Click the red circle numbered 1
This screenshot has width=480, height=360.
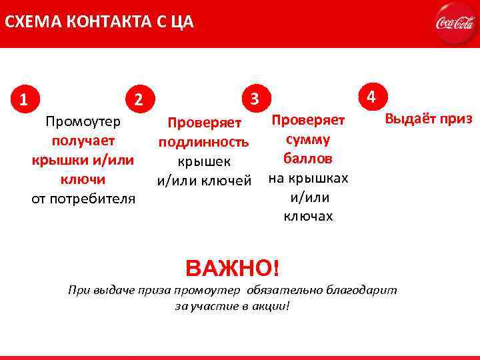(x=24, y=101)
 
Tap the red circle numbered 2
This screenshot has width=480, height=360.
(x=138, y=100)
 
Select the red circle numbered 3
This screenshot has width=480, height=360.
(x=254, y=99)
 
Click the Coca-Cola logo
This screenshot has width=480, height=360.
(x=454, y=23)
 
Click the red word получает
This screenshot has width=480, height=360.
(x=83, y=141)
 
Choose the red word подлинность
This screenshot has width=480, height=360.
(x=203, y=142)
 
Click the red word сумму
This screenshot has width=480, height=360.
(x=308, y=141)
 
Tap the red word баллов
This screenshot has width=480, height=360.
(x=308, y=159)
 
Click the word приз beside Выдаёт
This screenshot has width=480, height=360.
(x=457, y=120)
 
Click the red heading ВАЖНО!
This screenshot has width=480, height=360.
(x=233, y=269)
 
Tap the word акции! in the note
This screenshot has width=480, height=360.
(x=273, y=306)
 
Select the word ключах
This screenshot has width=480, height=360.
(x=308, y=217)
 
